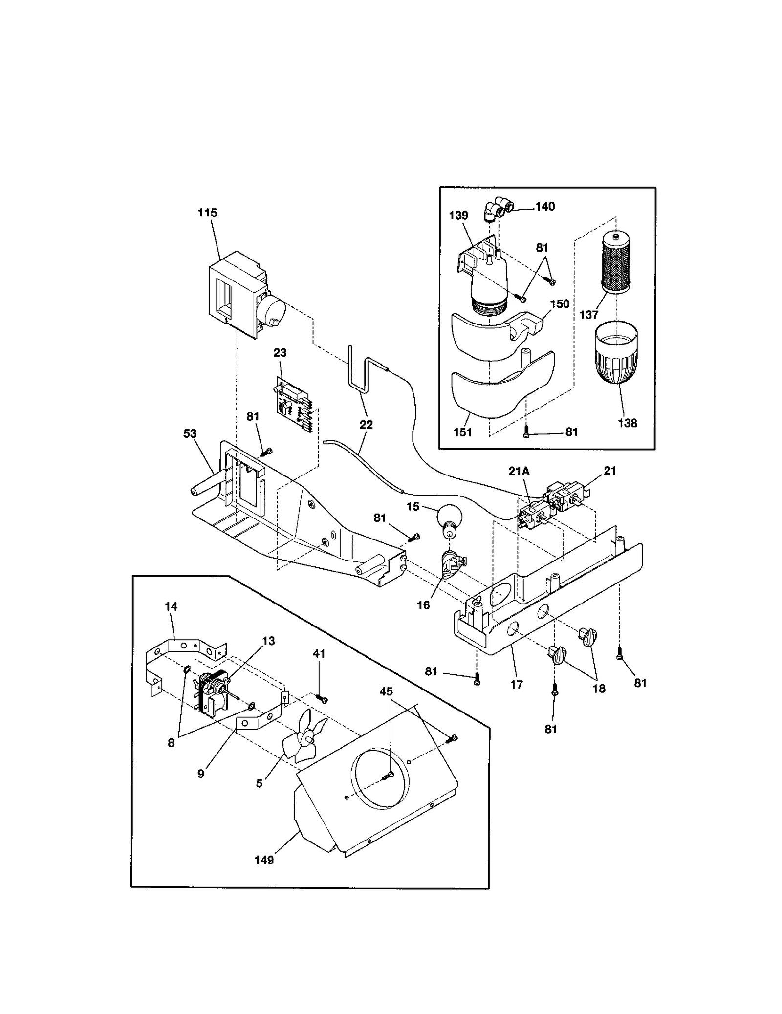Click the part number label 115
tap(207, 213)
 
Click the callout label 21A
tap(519, 471)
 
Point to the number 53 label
tap(190, 433)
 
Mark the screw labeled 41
tap(322, 700)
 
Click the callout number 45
tap(386, 691)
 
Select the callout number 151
tap(462, 432)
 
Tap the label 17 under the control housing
tap(517, 685)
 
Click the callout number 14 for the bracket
tap(171, 606)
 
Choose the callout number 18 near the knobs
tap(599, 689)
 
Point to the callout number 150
tap(560, 304)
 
